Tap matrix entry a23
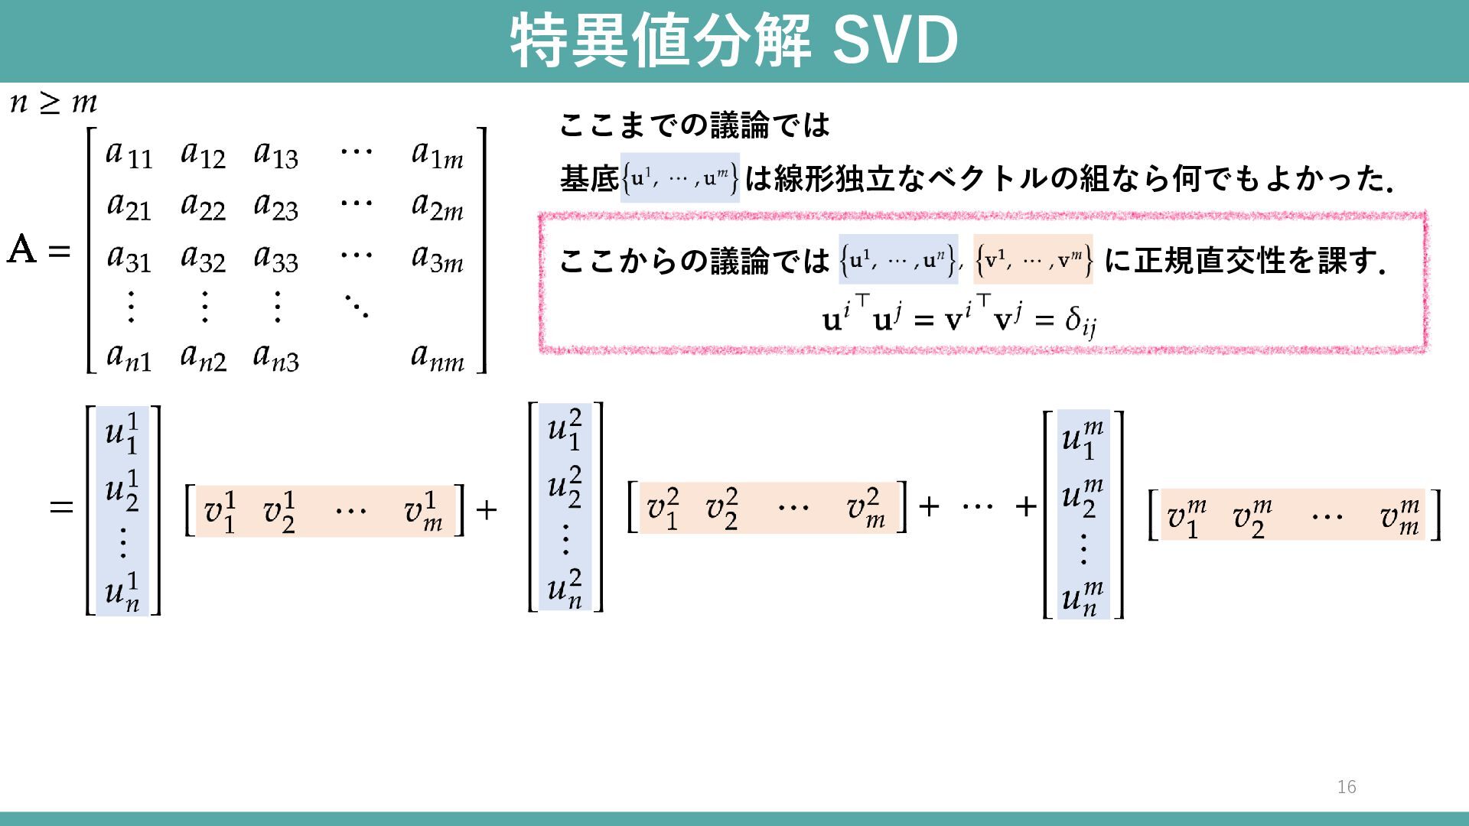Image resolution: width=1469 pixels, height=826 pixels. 275,206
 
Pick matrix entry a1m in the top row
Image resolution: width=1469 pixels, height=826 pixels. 437,154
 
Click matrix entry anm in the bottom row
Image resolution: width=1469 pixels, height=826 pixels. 437,356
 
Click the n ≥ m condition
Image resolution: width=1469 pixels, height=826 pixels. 54,102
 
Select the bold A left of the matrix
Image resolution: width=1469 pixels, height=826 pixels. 21,249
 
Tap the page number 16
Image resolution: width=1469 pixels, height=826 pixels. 1347,787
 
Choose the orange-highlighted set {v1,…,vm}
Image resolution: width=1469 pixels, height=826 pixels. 1033,260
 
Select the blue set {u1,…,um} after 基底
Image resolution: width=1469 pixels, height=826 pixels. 679,178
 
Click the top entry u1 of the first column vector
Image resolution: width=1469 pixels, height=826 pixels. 122,433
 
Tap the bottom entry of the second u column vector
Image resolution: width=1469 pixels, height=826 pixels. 565,588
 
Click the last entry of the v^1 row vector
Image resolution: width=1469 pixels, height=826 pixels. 423,512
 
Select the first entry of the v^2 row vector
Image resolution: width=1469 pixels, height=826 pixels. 662,509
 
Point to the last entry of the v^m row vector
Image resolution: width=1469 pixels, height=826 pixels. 1399,516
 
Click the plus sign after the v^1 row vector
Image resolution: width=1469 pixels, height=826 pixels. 487,509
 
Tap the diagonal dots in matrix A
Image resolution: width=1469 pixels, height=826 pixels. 356,306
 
